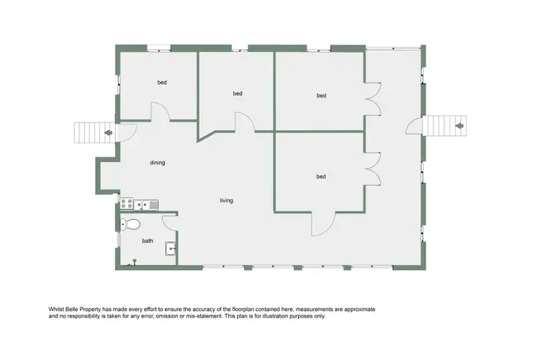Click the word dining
click(158, 163)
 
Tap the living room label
click(226, 200)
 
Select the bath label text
click(148, 241)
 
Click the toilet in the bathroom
click(130, 224)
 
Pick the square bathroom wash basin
click(170, 249)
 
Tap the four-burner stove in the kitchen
click(127, 204)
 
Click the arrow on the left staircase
click(107, 132)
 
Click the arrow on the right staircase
click(458, 127)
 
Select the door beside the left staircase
click(127, 132)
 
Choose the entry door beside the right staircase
click(414, 127)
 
